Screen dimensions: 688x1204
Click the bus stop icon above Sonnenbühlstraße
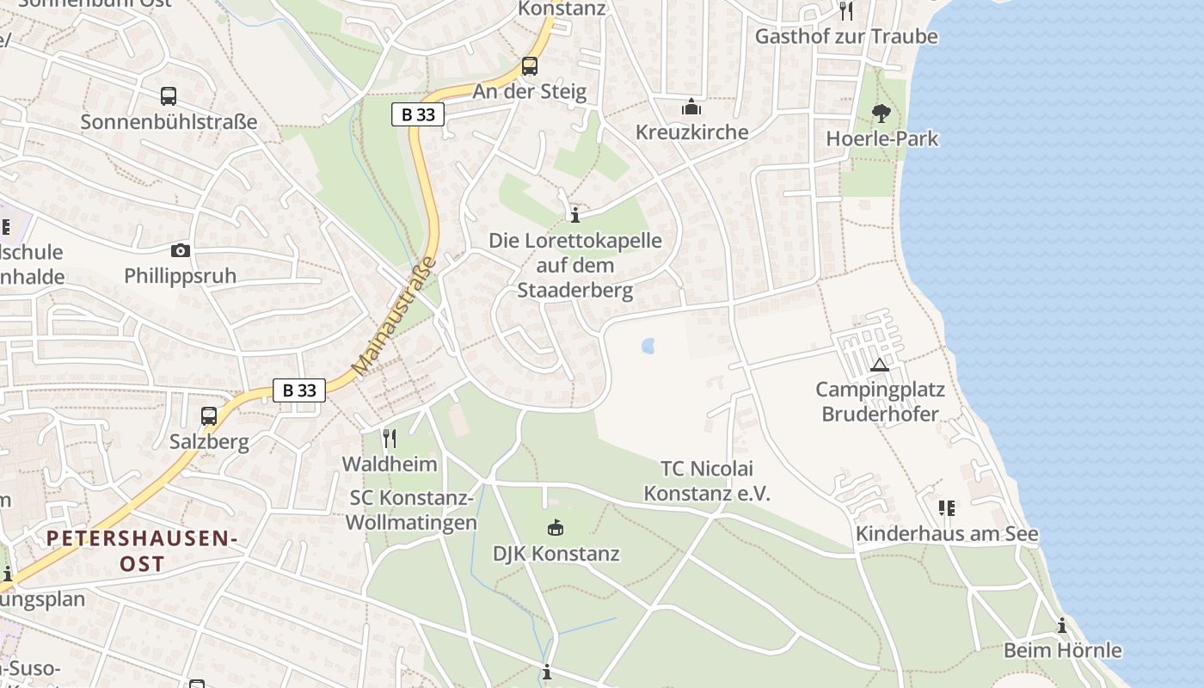coord(169,96)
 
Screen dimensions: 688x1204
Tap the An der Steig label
coord(530,91)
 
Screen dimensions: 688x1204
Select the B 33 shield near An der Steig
coord(418,114)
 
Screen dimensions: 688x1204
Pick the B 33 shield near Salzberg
coord(299,390)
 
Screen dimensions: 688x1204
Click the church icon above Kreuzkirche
coord(691,107)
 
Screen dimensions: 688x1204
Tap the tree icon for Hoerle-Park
coord(881,113)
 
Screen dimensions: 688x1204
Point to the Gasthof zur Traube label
coord(846,36)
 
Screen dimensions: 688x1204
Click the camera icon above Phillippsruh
coord(180,250)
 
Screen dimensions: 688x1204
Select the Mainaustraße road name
coord(395,316)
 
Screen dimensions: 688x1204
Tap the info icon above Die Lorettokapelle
coord(575,215)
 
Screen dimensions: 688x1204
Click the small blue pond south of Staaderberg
coord(648,346)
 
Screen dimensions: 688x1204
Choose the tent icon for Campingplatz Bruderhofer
coord(879,365)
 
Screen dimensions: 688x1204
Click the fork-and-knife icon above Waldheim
coord(390,439)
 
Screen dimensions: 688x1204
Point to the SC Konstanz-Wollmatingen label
coord(412,510)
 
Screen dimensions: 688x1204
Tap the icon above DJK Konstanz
coord(556,527)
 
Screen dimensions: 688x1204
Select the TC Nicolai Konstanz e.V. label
coord(707,481)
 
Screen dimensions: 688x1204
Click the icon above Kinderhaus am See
coord(947,508)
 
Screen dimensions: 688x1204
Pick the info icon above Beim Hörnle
coord(1062,625)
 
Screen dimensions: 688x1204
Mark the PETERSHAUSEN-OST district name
coord(141,551)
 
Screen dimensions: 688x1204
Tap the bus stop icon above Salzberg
coord(209,416)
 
